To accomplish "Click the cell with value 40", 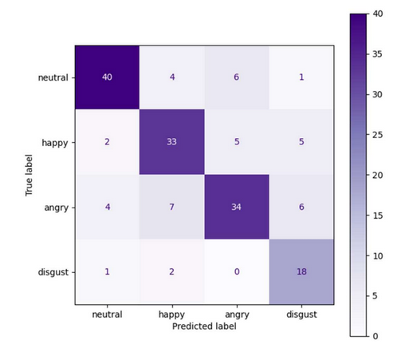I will point(107,77).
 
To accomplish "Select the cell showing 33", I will point(171,142).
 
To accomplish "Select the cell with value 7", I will point(171,207).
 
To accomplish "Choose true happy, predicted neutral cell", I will point(107,142).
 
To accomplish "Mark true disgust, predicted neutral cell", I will point(107,271).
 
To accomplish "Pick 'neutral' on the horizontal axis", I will point(107,315).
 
